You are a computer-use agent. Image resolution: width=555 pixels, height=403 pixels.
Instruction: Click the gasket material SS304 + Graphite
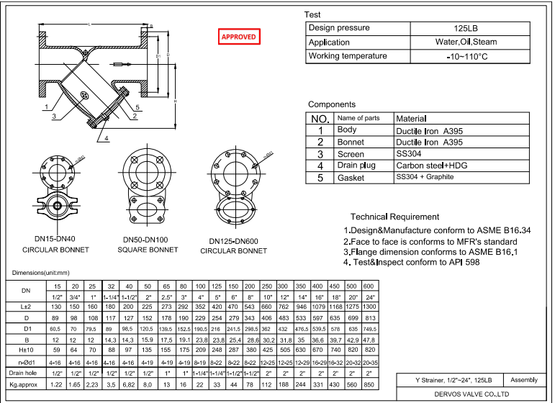click(425, 177)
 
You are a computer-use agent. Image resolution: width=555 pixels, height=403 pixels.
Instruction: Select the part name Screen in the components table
click(351, 154)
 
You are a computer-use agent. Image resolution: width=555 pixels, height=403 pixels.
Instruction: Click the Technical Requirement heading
click(394, 217)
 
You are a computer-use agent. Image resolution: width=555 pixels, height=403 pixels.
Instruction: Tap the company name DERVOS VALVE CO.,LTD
click(472, 394)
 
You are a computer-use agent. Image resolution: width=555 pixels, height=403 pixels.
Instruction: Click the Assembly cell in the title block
click(523, 379)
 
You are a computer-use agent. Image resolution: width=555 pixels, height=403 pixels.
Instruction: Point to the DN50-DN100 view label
click(147, 239)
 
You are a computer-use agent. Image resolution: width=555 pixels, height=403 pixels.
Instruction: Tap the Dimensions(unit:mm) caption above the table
click(41, 273)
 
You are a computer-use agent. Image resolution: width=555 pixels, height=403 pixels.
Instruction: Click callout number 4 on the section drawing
click(107, 138)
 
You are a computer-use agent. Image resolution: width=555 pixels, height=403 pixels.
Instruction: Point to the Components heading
click(332, 104)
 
